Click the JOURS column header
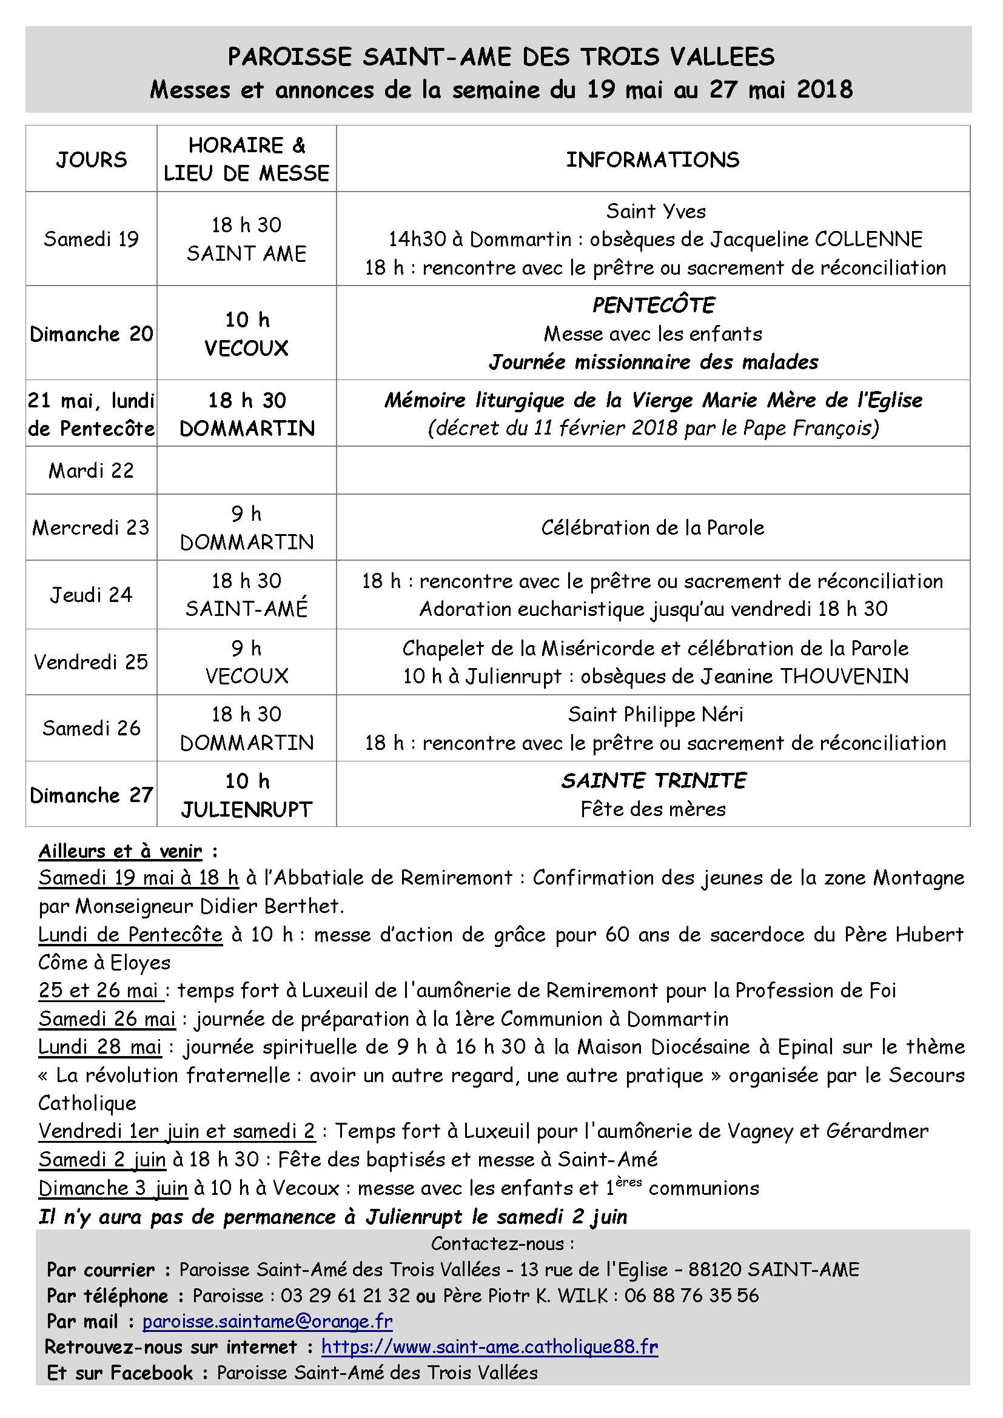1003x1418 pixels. click(92, 159)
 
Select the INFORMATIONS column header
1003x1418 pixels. click(653, 159)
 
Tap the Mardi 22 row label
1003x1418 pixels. click(92, 470)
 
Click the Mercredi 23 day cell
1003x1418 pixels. click(92, 527)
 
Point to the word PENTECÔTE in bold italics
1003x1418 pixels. click(653, 305)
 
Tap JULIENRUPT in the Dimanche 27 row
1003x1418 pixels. click(246, 809)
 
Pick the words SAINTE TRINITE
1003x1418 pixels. click(653, 781)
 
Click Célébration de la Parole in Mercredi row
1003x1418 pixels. click(653, 527)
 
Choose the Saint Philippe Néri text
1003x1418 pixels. click(656, 715)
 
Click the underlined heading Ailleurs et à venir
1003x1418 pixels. click(121, 851)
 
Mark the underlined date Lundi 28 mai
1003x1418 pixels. click(100, 1047)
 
